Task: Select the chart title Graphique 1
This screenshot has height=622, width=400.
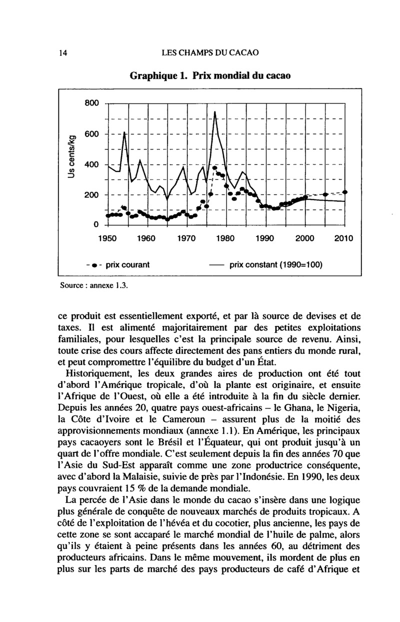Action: (209, 76)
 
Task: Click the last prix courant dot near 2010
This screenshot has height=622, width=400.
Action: (345, 192)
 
